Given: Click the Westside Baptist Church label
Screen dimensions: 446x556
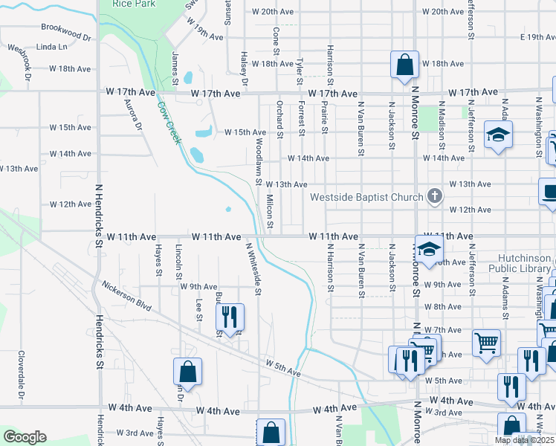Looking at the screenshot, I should pos(366,198).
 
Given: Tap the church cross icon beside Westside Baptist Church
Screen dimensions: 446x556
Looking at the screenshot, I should pos(436,197).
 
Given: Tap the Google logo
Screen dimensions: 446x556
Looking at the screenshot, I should pos(25,437).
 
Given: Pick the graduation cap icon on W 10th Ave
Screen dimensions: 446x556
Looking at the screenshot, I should pos(429,251).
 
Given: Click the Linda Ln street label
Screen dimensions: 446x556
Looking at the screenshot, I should pos(51,47).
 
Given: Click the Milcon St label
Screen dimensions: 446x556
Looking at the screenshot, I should pos(271,212).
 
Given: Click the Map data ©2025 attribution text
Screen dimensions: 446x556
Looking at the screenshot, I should pos(525,440).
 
